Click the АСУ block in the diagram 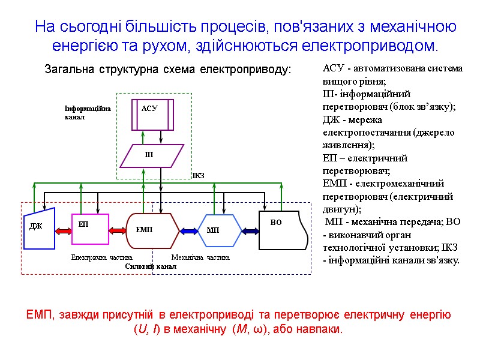click(152, 114)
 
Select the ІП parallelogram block click(151, 155)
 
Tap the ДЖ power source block click(39, 227)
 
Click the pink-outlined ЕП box click(90, 229)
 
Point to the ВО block click(283, 230)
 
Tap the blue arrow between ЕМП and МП click(190, 230)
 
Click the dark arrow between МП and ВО click(250, 230)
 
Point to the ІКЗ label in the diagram click(198, 176)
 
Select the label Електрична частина click(97, 257)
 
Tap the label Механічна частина click(200, 257)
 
